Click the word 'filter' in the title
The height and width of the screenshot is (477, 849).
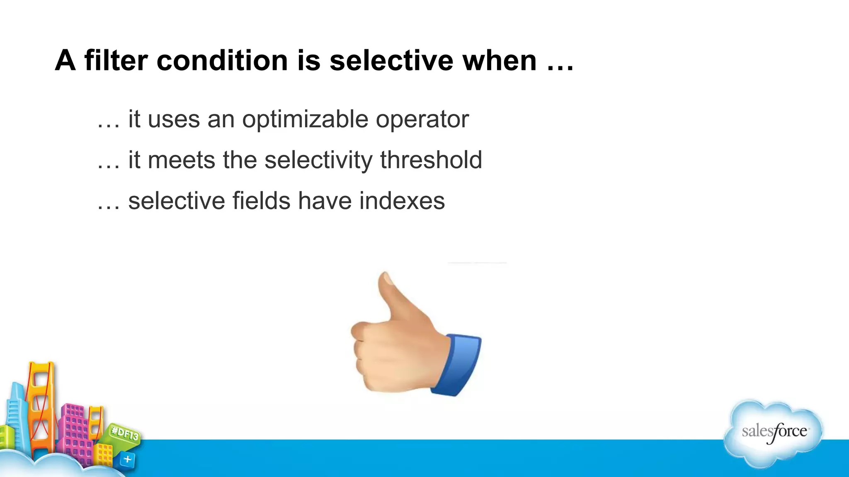click(116, 60)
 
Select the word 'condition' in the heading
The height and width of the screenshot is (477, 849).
click(222, 60)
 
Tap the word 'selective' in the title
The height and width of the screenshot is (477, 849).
click(392, 60)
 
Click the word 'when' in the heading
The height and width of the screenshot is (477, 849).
click(500, 60)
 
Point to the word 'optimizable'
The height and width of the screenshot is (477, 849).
click(305, 120)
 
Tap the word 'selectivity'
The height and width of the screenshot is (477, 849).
click(318, 161)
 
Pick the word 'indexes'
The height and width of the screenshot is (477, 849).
click(402, 201)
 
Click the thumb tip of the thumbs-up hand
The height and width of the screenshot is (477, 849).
click(386, 279)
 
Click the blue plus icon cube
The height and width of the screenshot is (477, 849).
click(128, 459)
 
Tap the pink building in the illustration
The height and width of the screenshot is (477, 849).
click(75, 431)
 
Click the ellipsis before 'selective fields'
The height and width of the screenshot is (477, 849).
click(108, 207)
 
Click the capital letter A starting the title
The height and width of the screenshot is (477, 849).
click(65, 60)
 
